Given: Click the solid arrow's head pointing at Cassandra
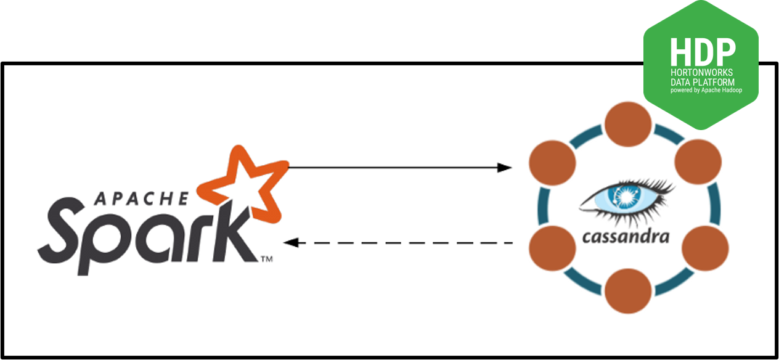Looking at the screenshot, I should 505,167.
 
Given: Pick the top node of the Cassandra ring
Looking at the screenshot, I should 628,123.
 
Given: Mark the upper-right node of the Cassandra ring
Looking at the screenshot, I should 698,162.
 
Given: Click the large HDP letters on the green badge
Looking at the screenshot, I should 703,52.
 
